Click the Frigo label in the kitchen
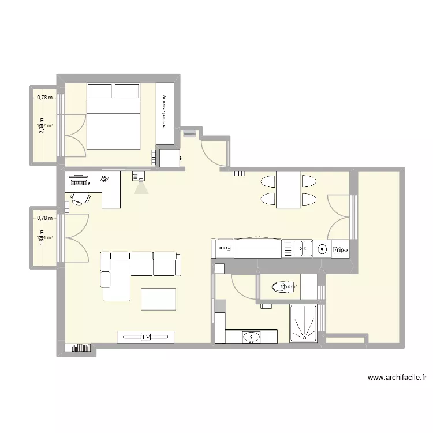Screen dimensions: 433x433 (340, 249)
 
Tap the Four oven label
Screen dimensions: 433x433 (224, 249)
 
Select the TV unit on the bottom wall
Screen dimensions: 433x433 (145, 337)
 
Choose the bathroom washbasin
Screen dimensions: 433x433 (252, 337)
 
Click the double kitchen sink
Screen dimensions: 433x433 (297, 249)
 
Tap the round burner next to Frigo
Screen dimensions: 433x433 (322, 249)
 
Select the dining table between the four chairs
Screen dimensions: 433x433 (288, 190)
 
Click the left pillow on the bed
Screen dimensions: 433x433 (99, 91)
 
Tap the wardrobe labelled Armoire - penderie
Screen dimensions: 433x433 (165, 113)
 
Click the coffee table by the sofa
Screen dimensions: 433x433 (158, 298)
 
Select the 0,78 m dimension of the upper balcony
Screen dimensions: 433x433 (44, 98)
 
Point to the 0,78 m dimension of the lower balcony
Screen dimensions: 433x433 (44, 218)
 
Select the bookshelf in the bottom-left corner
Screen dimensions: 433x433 (79, 348)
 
